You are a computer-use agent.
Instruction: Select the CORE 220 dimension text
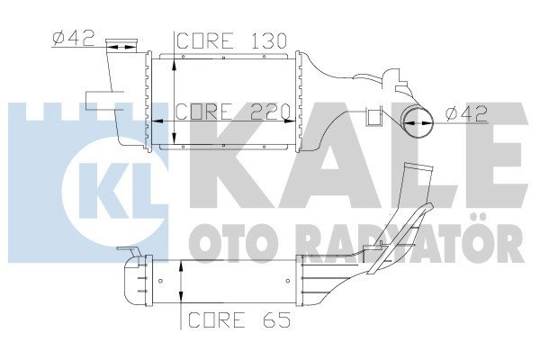click(231, 113)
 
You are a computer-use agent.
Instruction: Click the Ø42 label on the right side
click(466, 114)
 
